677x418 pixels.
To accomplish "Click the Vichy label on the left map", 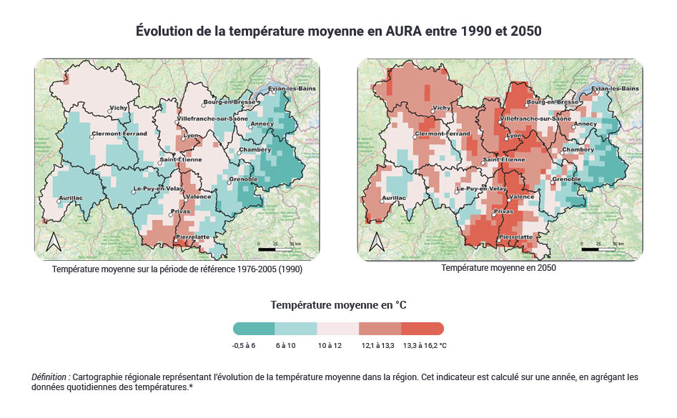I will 119,109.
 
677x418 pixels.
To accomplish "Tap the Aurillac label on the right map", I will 394,197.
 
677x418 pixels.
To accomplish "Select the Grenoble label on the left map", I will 243,179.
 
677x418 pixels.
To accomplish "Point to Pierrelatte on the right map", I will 516,237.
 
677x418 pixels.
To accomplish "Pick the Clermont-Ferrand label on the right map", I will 443,134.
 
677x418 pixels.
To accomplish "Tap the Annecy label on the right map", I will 585,124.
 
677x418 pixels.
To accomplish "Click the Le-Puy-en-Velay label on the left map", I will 158,189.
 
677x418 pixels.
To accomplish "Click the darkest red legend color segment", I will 422,329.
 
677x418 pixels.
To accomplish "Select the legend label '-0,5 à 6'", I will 244,346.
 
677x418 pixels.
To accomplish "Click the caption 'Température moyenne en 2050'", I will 498,268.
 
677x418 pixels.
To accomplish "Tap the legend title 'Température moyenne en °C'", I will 338,305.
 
